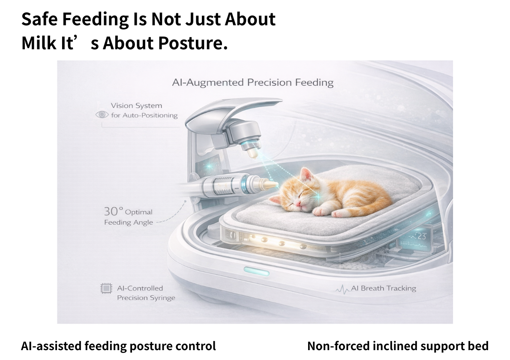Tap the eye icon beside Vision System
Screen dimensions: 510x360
pos(102,114)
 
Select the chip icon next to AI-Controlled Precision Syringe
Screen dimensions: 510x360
pos(106,288)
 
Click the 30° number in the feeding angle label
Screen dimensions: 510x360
pos(114,211)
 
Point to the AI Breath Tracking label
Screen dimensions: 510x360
pos(384,288)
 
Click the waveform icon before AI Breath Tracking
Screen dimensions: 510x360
pos(342,289)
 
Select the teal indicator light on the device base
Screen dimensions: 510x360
pos(257,271)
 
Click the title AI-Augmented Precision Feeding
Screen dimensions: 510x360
pos(253,83)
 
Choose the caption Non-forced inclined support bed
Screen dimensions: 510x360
pos(398,346)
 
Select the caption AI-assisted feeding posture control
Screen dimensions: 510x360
pos(118,346)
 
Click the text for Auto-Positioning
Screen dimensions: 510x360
pos(144,115)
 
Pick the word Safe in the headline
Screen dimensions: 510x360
pos(40,19)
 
